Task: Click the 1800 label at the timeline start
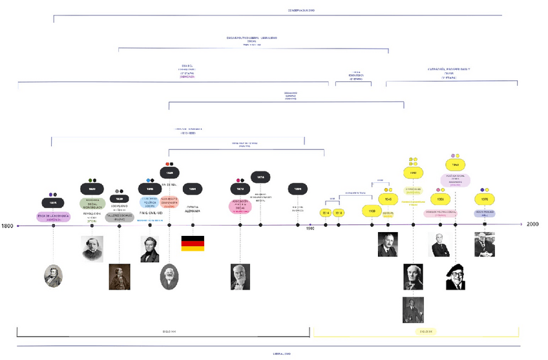(x=7, y=226)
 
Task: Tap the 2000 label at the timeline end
(x=532, y=224)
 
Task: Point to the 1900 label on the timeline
(x=310, y=228)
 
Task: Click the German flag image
(x=193, y=244)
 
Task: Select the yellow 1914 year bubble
(x=326, y=213)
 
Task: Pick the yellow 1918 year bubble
(x=339, y=213)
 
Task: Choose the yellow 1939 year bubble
(x=372, y=211)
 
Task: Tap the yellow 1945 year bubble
(x=388, y=199)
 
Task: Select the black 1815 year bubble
(x=53, y=203)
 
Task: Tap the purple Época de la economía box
(x=53, y=217)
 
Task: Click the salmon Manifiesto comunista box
(x=169, y=202)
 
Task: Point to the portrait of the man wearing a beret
(x=456, y=277)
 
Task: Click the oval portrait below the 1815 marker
(x=53, y=277)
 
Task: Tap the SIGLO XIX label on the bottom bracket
(x=169, y=331)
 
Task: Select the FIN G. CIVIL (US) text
(x=150, y=213)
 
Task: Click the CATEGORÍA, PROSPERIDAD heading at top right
(x=449, y=69)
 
